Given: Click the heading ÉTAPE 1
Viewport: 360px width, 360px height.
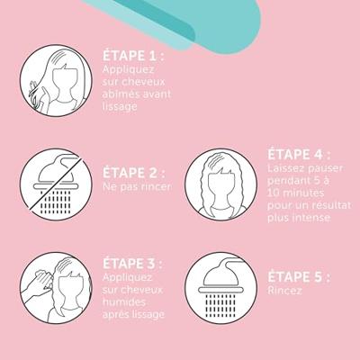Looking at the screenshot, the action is [133, 56].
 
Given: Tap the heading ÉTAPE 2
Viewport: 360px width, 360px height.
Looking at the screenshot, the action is [134, 174].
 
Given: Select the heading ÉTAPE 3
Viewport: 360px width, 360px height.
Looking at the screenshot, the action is [132, 264].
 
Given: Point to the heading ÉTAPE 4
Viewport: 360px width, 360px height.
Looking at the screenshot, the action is [299, 155].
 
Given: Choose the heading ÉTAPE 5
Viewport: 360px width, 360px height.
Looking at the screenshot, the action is [299, 277].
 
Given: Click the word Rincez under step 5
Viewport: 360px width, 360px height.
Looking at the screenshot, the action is [284, 291].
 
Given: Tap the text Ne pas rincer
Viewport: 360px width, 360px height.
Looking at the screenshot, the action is [138, 187].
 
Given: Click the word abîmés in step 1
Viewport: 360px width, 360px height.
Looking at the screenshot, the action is [120, 94].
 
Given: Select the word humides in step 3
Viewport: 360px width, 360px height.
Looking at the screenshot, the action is [124, 301].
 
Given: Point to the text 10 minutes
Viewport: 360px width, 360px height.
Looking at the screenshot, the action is [295, 193].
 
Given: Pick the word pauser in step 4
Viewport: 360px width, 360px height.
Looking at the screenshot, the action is [324, 168].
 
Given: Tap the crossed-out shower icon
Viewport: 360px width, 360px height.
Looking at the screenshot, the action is [56, 184].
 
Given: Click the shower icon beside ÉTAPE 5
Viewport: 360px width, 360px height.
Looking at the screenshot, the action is [220, 288].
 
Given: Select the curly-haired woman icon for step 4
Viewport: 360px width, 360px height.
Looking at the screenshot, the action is [220, 184].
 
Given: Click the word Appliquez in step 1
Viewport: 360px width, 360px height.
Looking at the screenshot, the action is [128, 70].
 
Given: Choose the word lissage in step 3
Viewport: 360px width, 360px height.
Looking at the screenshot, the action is [148, 314].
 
